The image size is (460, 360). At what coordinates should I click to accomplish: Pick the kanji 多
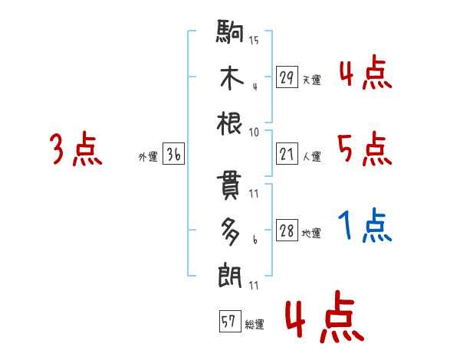point(232,230)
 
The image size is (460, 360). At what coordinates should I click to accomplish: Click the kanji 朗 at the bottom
point(232,273)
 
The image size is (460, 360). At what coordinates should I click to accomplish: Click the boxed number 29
point(286,77)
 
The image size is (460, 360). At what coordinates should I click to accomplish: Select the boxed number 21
point(286,154)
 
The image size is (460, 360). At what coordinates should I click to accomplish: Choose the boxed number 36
point(173,154)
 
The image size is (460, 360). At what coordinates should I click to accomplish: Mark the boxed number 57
point(228,322)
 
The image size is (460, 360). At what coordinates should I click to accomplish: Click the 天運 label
point(311,80)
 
